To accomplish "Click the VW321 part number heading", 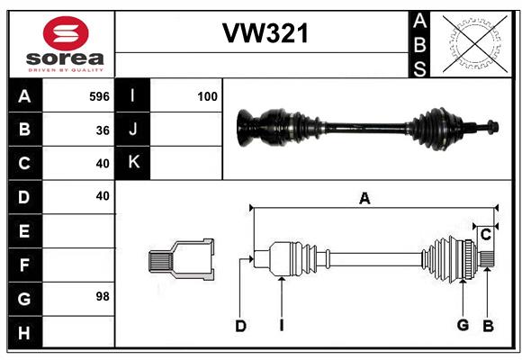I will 265,34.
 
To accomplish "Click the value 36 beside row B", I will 103,130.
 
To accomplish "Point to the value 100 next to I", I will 207,96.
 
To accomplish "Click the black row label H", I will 24,333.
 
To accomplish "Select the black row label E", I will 24,231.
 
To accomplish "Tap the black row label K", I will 133,163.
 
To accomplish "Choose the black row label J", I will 133,130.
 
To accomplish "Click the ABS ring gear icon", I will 474,43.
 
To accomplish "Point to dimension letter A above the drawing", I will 364,199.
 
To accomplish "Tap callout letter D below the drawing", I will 240,326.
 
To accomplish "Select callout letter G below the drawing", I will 463,325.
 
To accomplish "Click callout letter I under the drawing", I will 281,326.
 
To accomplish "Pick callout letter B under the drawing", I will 487,325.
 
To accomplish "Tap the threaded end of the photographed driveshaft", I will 492,127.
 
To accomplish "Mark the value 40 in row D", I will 103,195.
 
